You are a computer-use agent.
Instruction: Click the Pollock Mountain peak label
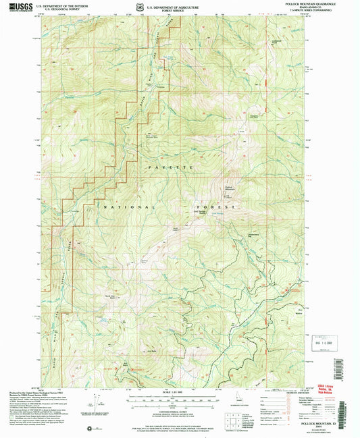(228, 188)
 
